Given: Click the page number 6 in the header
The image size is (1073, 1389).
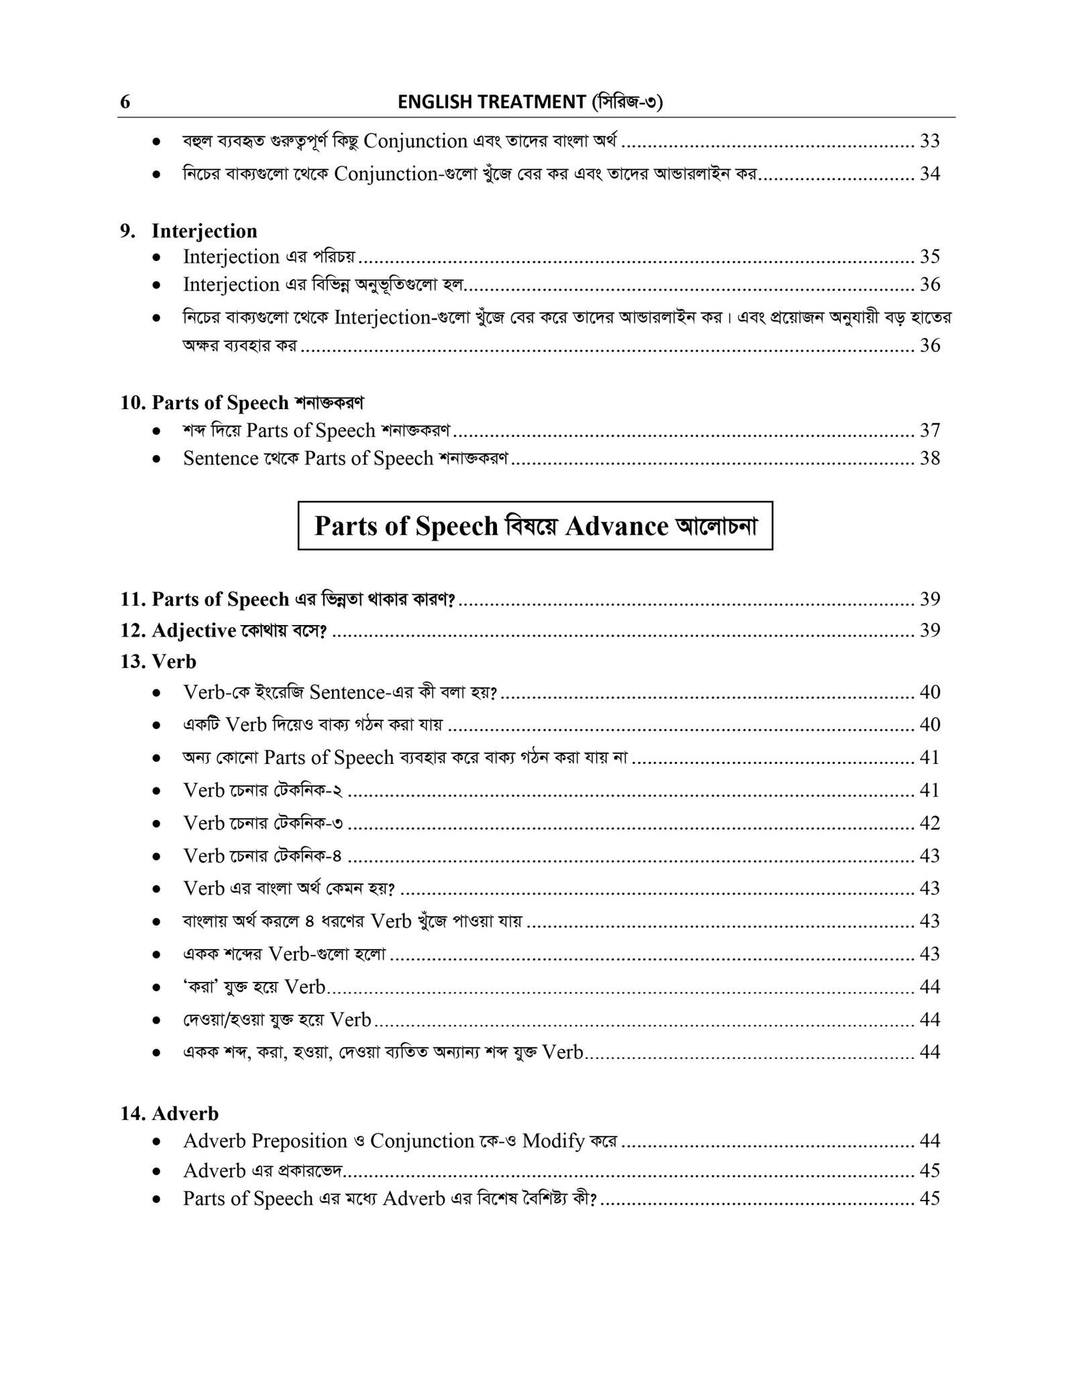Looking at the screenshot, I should pyautogui.click(x=125, y=103).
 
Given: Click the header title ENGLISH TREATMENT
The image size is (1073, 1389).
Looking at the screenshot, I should pyautogui.click(x=492, y=102).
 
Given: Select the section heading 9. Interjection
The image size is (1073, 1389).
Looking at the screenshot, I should pyautogui.click(x=188, y=231).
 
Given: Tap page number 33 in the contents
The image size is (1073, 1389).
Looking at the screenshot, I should pyautogui.click(x=929, y=141).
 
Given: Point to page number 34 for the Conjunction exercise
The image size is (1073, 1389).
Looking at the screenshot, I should pyautogui.click(x=929, y=174).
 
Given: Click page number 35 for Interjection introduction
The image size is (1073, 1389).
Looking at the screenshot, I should pyautogui.click(x=929, y=256).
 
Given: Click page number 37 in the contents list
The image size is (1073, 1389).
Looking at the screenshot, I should pyautogui.click(x=929, y=430).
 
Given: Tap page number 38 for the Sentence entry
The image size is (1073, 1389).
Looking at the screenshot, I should pyautogui.click(x=929, y=458).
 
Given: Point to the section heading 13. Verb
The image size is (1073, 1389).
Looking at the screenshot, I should pyautogui.click(x=158, y=661).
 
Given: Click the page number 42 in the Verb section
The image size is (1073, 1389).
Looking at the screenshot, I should pyautogui.click(x=929, y=823).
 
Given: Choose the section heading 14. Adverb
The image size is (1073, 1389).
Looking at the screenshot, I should pyautogui.click(x=170, y=1113).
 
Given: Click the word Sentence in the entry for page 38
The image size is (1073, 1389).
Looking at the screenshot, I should pyautogui.click(x=221, y=458).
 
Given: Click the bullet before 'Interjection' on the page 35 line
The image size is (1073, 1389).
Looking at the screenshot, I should pyautogui.click(x=156, y=257).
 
